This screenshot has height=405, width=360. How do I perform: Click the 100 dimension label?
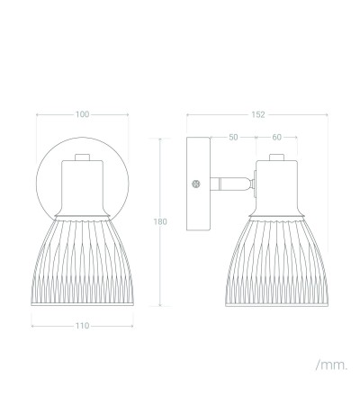coord(82,114)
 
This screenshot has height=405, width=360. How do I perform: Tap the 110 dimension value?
coord(82,326)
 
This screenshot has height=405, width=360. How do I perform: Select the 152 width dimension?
coord(258,114)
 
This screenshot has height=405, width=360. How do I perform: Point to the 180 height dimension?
coord(160,221)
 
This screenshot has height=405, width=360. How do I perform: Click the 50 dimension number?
coord(233,137)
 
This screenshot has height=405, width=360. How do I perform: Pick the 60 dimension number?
coord(276,137)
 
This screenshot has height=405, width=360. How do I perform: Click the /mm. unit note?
coord(331,365)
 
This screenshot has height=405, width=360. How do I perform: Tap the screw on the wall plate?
coord(196,184)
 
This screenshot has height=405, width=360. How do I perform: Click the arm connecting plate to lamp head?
coord(229,184)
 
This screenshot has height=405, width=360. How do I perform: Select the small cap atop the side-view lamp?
coord(276,157)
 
